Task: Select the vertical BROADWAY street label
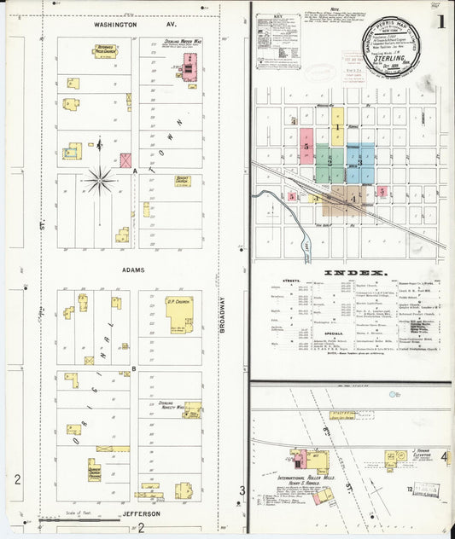[x=223, y=313]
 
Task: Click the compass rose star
[x=101, y=179]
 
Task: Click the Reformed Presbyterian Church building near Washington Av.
[x=106, y=50]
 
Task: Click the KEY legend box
[x=278, y=39]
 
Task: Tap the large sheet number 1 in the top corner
[x=440, y=20]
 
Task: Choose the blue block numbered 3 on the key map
[x=360, y=161]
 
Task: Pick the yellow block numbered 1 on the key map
[x=337, y=128]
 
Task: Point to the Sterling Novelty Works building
[x=191, y=409]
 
